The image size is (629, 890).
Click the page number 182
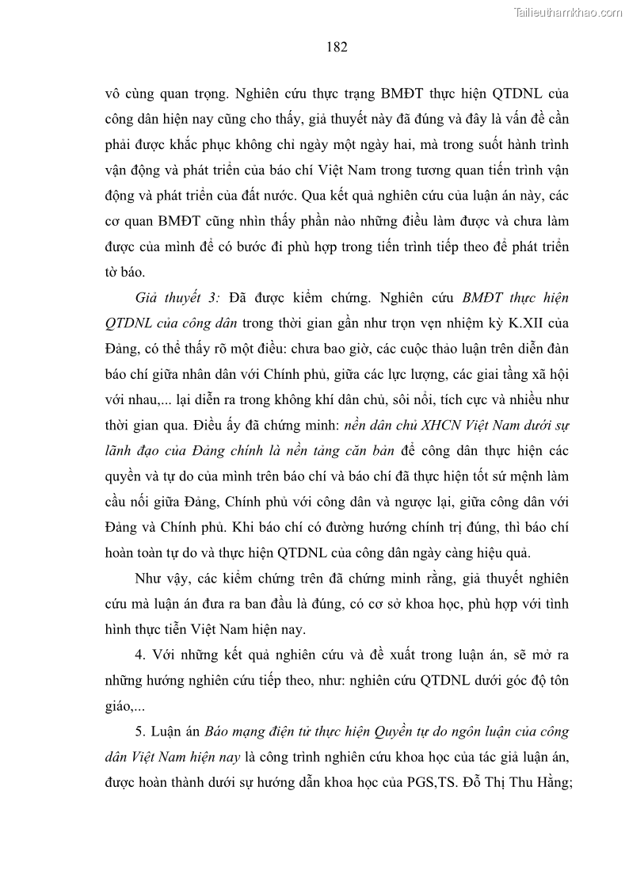[x=337, y=47]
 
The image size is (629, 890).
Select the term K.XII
[x=496, y=323]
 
